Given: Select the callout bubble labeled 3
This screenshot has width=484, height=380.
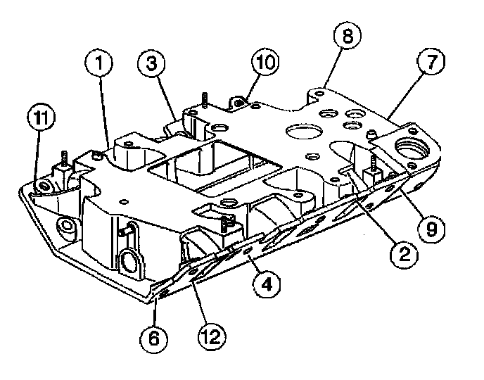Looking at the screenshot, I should click(151, 65).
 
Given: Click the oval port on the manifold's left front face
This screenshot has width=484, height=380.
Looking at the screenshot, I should click(131, 262).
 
